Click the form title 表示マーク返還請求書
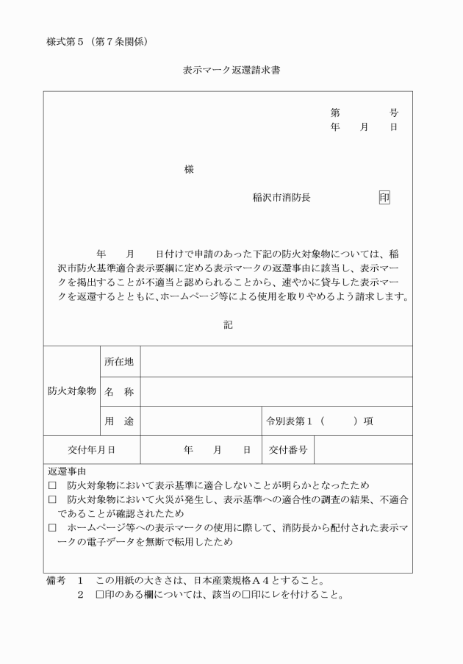pyautogui.click(x=231, y=72)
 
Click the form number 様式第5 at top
pyautogui.click(x=67, y=41)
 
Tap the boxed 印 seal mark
pyautogui.click(x=384, y=198)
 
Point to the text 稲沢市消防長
pyautogui.click(x=281, y=198)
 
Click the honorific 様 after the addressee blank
pyautogui.click(x=189, y=169)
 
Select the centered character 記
pyautogui.click(x=228, y=324)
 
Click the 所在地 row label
pyautogui.click(x=119, y=361)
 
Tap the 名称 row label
pyautogui.click(x=119, y=392)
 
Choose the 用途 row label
pyautogui.click(x=119, y=421)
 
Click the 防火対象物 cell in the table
pyautogui.click(x=71, y=391)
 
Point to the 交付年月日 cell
pyautogui.click(x=91, y=449)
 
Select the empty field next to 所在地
pyautogui.click(x=276, y=361)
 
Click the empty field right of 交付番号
pyautogui.click(x=362, y=449)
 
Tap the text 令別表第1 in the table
pyautogui.click(x=290, y=421)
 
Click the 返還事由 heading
pyautogui.click(x=66, y=471)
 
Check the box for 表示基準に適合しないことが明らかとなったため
pyautogui.click(x=52, y=485)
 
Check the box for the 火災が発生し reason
pyautogui.click(x=52, y=499)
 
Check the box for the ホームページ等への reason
pyautogui.click(x=52, y=528)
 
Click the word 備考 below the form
pyautogui.click(x=56, y=581)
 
